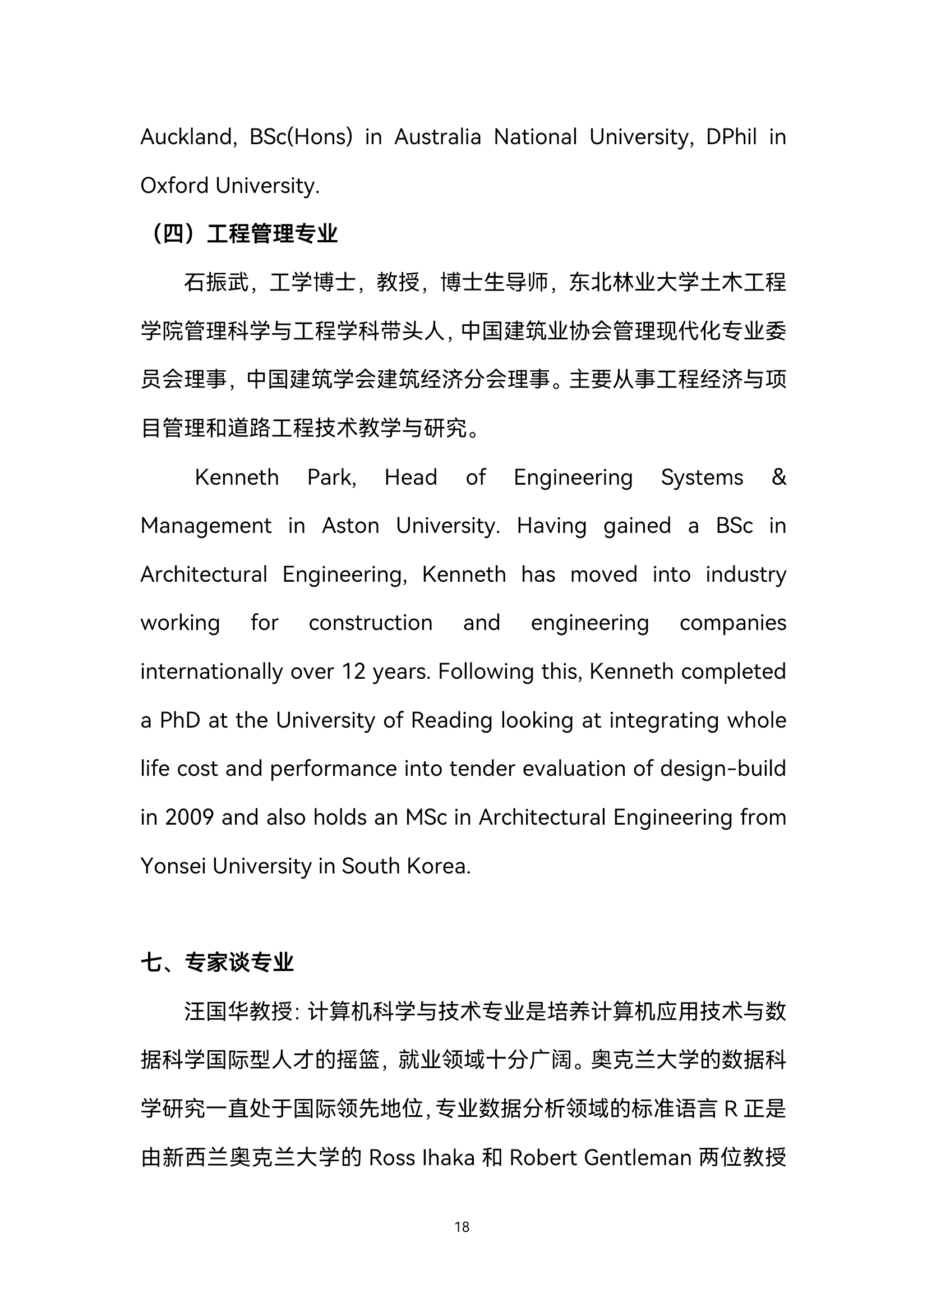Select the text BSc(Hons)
click(x=301, y=137)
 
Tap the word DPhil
click(x=731, y=137)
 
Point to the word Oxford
click(x=174, y=186)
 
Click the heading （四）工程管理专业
click(x=242, y=233)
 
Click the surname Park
click(x=331, y=477)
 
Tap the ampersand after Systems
click(x=778, y=477)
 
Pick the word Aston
click(x=350, y=526)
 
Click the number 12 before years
click(x=353, y=671)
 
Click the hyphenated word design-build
click(x=723, y=769)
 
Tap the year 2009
click(x=189, y=818)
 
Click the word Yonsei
click(x=173, y=866)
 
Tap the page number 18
click(x=462, y=1227)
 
